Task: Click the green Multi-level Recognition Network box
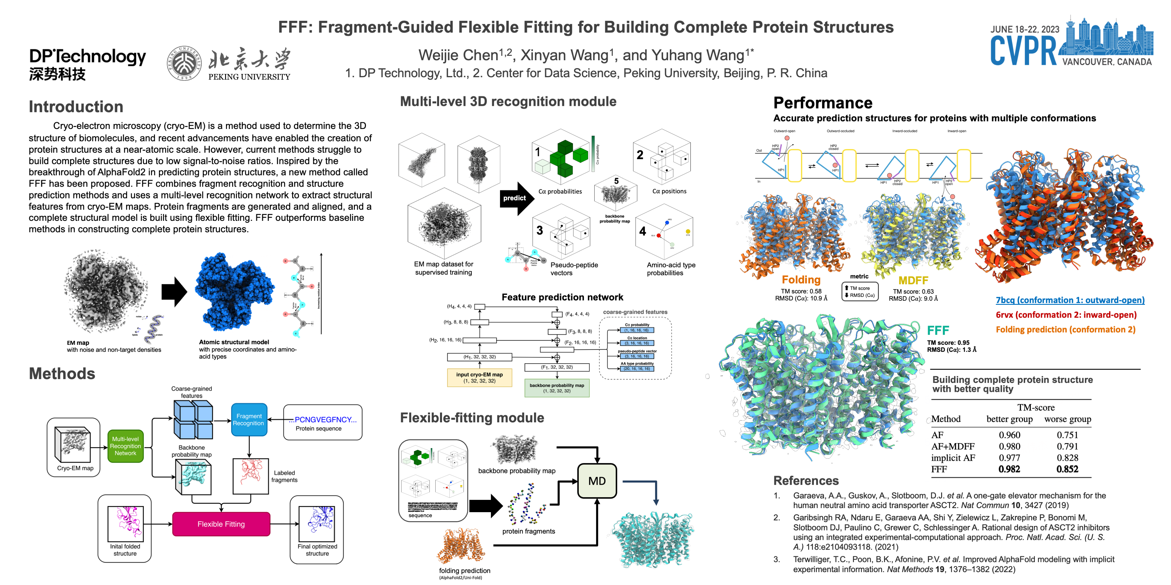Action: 126,446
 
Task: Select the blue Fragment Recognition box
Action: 249,420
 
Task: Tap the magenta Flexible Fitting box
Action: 221,524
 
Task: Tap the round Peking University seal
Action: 184,63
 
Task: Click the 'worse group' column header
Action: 1067,419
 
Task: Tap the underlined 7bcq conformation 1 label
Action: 1070,300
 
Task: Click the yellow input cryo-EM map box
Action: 479,377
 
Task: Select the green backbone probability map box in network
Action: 557,388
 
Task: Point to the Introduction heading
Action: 76,107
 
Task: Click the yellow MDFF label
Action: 913,280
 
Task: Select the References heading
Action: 806,481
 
